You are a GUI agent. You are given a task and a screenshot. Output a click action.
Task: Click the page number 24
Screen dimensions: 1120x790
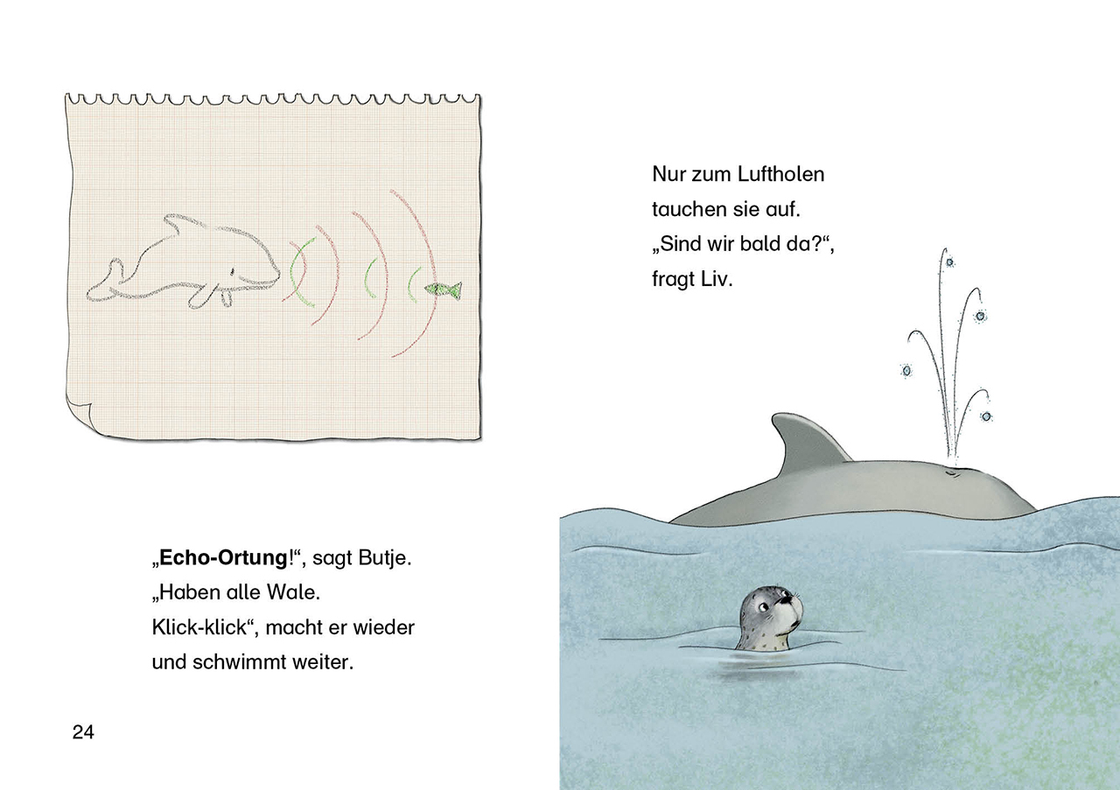(83, 732)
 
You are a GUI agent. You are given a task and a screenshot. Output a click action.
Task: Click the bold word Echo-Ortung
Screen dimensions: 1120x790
(223, 558)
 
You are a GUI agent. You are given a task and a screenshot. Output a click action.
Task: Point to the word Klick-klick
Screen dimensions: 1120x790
(199, 627)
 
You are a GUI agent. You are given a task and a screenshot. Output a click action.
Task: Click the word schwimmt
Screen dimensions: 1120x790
(239, 662)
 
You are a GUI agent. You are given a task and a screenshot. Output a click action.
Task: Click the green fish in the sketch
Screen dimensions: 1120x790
(443, 290)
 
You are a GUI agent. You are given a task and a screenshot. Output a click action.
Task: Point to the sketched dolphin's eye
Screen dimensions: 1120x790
(232, 271)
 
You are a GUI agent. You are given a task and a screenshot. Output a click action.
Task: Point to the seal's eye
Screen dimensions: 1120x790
(762, 607)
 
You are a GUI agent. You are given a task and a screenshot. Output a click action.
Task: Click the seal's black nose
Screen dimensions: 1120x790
(788, 598)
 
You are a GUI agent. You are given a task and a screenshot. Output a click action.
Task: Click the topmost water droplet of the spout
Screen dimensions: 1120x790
(949, 262)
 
